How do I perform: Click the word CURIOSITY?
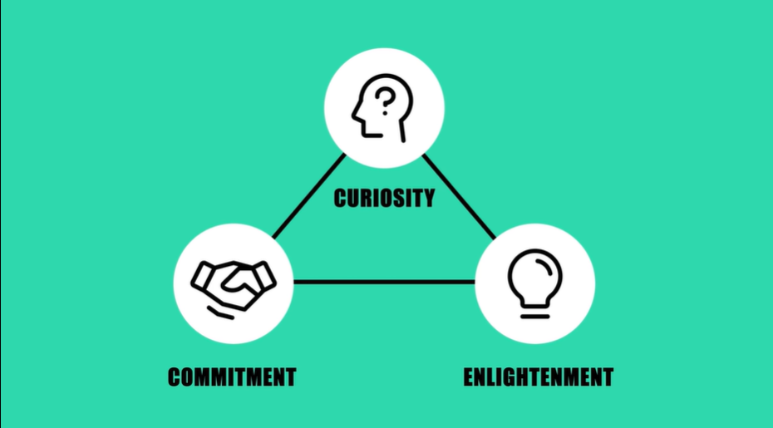tap(384, 199)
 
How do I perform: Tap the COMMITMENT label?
tap(232, 377)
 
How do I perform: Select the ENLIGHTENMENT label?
tap(538, 377)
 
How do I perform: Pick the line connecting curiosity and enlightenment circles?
tap(460, 197)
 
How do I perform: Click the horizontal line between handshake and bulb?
tap(384, 282)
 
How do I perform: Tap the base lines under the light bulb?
tap(534, 312)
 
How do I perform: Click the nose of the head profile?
tap(355, 114)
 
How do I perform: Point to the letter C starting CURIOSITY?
tap(340, 199)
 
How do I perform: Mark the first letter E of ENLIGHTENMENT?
tap(469, 377)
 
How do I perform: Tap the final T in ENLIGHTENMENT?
tap(608, 377)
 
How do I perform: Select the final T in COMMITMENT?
tap(290, 377)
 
